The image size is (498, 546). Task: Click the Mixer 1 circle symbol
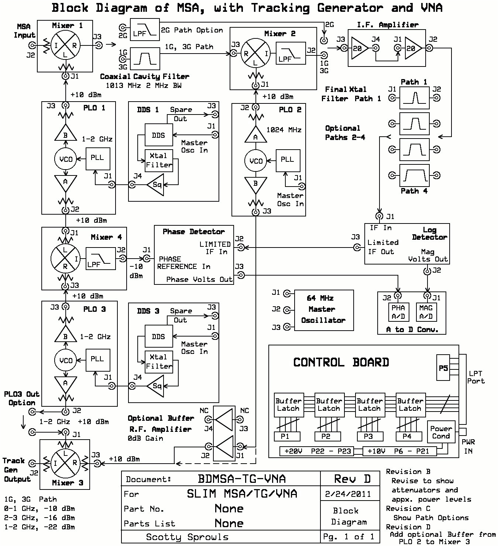[x=65, y=45]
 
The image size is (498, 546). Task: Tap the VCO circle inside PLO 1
[x=66, y=159]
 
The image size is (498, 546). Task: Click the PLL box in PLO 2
[x=288, y=160]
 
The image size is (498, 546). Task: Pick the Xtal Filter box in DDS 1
[x=159, y=160]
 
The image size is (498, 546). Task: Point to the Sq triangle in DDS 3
[x=155, y=386]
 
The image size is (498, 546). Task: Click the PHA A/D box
[x=398, y=312]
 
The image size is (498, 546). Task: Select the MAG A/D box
[x=426, y=312]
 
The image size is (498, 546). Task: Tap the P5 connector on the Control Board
[x=443, y=368]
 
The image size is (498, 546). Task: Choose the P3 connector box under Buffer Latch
[x=368, y=436]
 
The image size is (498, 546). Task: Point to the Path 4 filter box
[x=415, y=175]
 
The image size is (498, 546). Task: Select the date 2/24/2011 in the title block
[x=349, y=494]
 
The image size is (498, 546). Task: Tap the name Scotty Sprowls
[x=187, y=537]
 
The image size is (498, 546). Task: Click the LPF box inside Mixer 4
[x=100, y=259]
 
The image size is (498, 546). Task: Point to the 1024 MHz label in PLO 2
[x=284, y=130]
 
